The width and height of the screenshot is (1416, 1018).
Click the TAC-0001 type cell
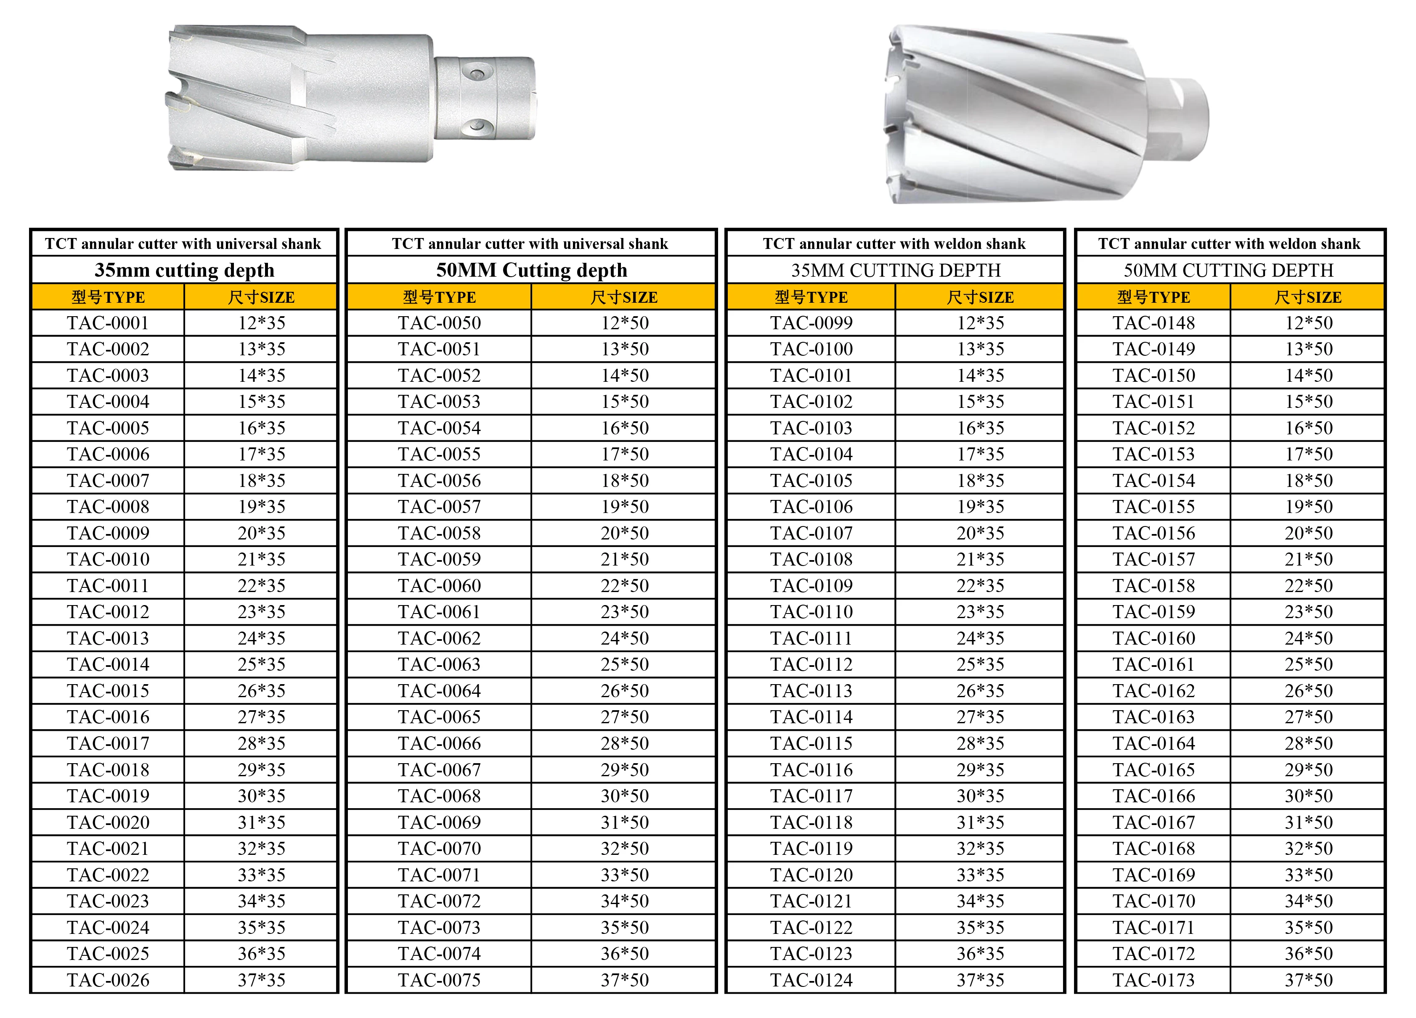108,323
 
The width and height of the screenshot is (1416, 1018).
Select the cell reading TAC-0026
108,980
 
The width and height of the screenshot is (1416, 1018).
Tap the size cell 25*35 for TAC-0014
261,664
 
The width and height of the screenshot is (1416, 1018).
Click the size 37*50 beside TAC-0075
624,980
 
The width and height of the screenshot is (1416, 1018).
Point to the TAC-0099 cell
811,323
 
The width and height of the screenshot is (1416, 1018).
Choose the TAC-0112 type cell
811,664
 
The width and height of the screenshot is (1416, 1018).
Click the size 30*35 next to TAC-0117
980,796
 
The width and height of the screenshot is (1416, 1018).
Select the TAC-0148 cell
1153,323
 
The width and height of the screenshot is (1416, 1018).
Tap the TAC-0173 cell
1153,980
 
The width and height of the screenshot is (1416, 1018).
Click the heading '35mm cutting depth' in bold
184,270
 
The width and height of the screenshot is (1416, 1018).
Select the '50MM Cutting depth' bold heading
531,270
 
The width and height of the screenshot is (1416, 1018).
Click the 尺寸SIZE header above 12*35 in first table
261,297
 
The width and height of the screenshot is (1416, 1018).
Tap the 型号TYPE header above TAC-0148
1153,297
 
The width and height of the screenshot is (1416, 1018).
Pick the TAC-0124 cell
811,980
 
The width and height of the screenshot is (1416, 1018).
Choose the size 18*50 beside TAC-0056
624,481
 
